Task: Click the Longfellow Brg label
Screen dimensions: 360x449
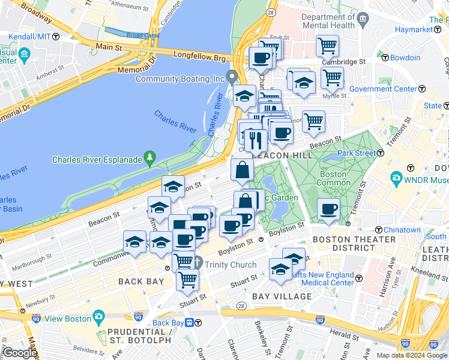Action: (199, 58)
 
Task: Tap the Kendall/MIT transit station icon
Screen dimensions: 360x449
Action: (56, 37)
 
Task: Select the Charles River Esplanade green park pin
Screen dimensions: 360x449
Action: (149, 159)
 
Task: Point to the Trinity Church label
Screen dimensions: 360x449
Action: (231, 265)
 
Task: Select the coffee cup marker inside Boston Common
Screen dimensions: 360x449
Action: (328, 209)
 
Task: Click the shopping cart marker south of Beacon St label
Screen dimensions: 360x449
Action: (313, 122)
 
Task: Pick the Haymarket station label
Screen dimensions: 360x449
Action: (414, 29)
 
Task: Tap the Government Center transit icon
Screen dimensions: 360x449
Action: (422, 89)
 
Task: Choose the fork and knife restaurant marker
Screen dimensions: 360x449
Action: (256, 140)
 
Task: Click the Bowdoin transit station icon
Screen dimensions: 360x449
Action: (385, 58)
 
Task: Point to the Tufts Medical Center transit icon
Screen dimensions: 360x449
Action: (358, 278)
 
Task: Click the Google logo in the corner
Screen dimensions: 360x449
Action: (19, 353)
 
